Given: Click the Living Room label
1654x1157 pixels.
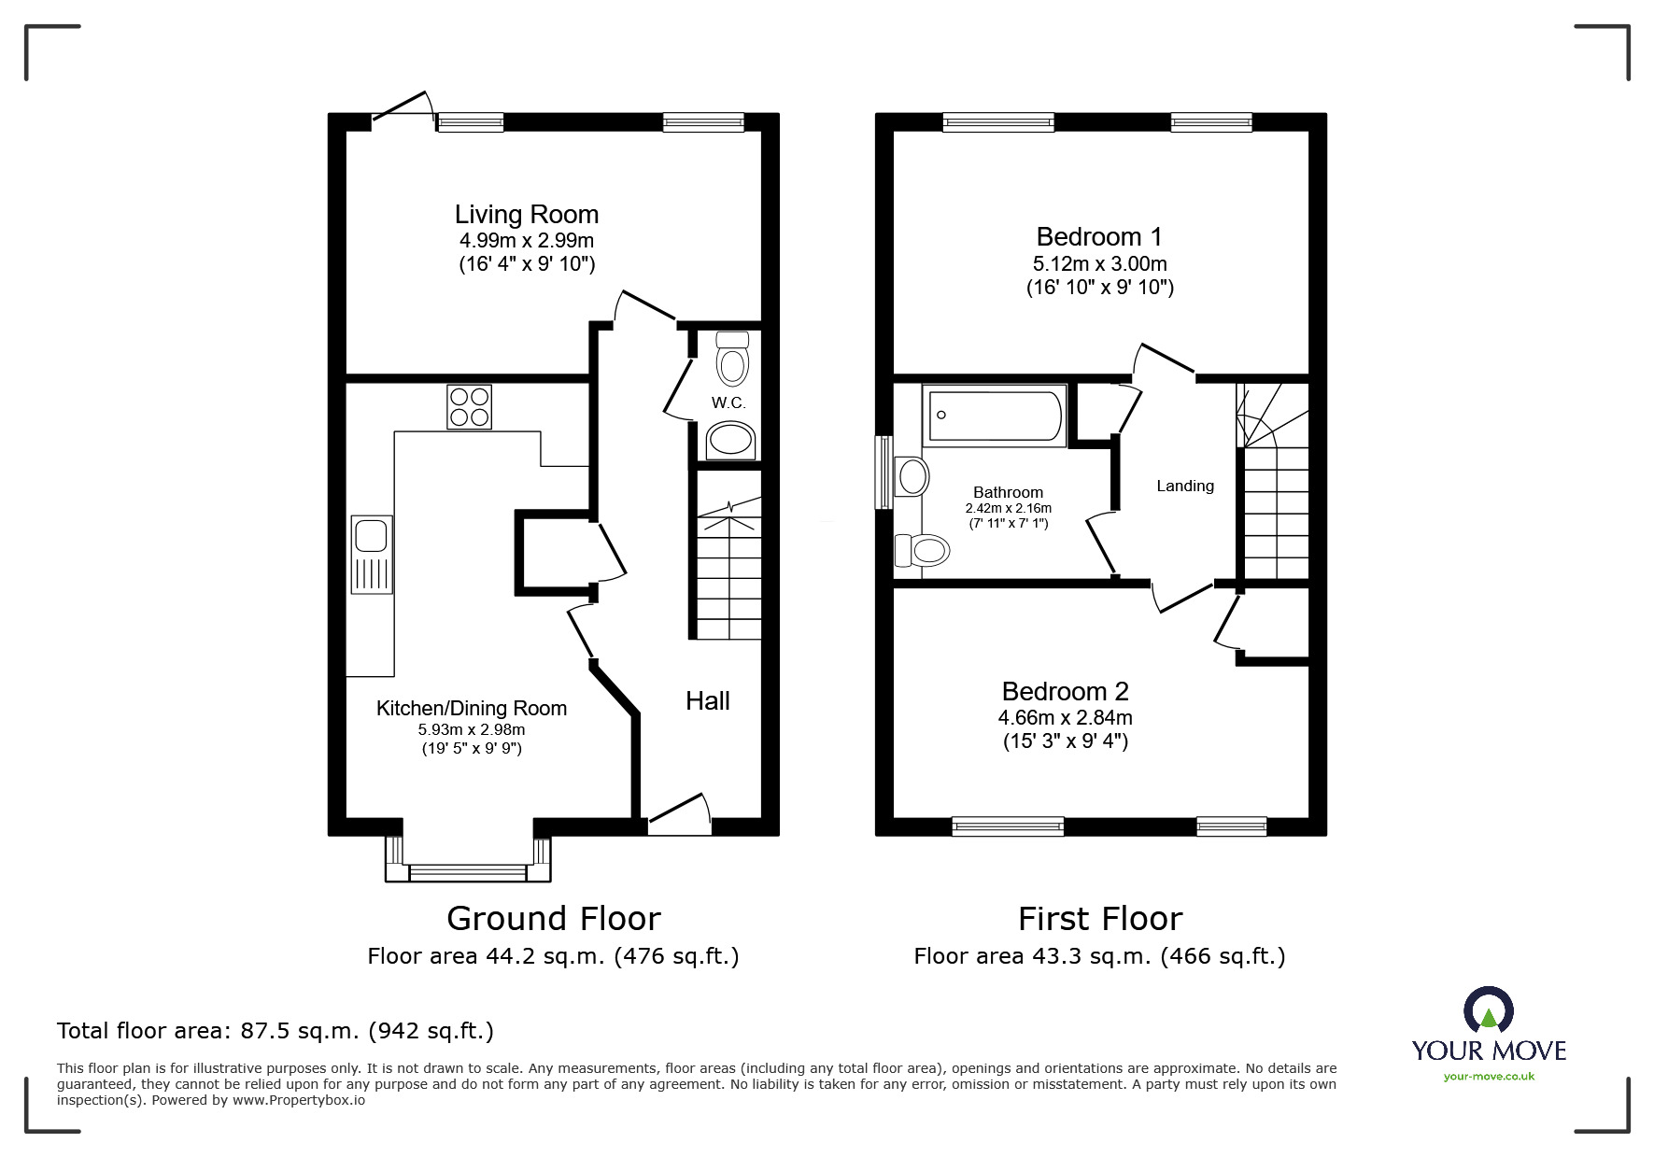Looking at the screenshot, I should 526,215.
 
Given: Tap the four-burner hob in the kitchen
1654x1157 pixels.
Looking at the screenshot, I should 469,407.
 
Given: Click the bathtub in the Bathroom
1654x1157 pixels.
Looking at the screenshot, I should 994,416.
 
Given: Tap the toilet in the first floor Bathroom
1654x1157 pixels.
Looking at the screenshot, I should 923,550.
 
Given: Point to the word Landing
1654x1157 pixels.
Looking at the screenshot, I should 1184,486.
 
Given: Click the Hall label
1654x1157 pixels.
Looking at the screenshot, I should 707,701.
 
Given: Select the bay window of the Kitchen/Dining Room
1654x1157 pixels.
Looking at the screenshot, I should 468,870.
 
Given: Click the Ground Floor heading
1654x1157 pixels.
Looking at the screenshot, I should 553,919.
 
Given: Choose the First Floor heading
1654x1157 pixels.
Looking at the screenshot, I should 1099,919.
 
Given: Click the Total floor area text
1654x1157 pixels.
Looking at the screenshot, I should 275,1031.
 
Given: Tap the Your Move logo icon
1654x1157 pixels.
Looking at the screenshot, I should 1488,1011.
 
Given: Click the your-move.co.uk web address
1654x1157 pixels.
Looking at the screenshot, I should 1489,1077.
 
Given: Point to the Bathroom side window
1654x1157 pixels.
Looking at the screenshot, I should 883,473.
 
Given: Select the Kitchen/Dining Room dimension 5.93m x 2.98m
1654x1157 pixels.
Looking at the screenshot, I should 471,730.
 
